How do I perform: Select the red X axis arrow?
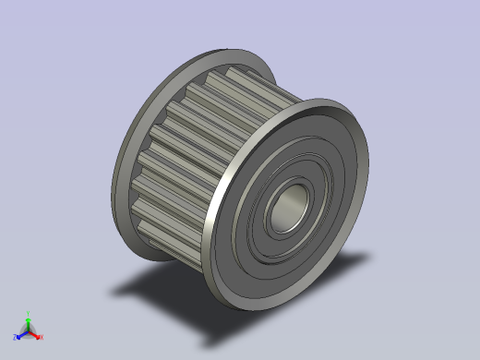[x=35, y=334]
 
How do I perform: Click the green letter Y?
[x=29, y=314]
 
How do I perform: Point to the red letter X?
[x=42, y=337]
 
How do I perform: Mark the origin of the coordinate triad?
[x=29, y=331]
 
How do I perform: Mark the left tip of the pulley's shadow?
[x=113, y=293]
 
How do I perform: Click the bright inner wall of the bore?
[x=296, y=198]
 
